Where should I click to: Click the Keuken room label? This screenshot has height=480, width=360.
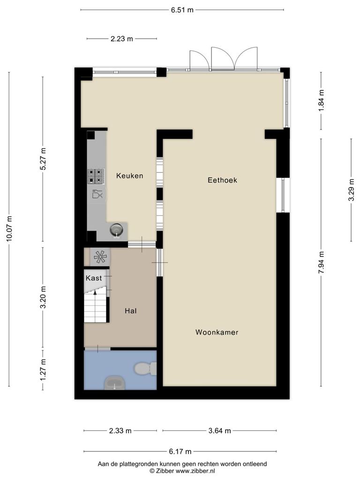129,176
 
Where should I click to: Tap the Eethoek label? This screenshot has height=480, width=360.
222,180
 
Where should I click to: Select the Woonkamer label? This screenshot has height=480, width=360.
217,332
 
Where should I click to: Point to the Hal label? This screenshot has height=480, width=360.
130,311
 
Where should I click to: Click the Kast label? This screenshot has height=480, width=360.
94,278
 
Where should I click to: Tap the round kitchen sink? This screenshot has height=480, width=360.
116,229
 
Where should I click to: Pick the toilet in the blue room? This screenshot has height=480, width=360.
146,368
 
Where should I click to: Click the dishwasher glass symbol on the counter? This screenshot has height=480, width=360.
97,194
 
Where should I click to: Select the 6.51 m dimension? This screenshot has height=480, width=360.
182,10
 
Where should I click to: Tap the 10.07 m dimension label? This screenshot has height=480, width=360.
9,228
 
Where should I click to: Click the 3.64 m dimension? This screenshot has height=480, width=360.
219,431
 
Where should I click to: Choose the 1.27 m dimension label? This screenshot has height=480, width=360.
43,370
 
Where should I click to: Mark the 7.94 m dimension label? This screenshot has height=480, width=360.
321,262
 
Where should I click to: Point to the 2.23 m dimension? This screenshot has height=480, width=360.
121,39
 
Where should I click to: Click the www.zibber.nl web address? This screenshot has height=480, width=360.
195,471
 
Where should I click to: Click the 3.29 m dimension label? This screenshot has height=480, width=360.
352,190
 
